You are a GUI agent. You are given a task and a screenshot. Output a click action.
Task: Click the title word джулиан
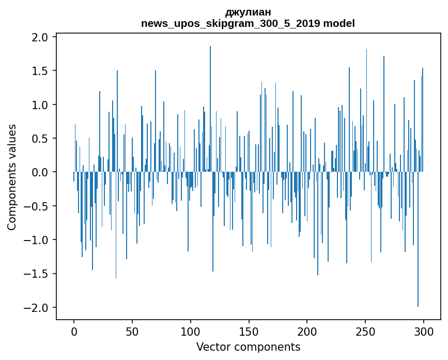pos(248,12)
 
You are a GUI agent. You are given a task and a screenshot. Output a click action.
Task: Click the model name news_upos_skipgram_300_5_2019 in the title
pos(231,23)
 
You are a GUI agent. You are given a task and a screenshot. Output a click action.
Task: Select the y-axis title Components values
pos(12,177)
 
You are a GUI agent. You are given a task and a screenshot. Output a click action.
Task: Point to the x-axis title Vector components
pos(248,347)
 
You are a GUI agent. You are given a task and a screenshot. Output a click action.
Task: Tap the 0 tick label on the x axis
pos(74,331)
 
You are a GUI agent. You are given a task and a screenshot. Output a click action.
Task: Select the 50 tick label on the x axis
pos(132,331)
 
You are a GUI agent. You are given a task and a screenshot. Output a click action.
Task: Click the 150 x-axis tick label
pos(249,331)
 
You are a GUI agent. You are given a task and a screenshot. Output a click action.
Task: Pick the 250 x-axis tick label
pos(365,331)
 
